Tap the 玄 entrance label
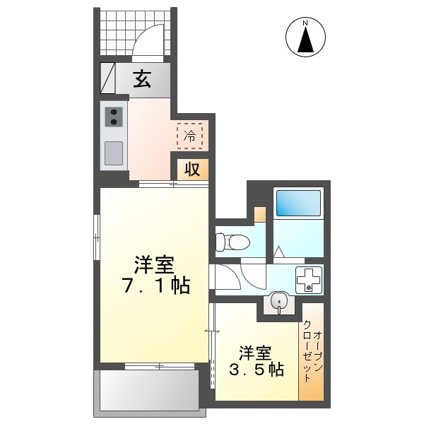tap(143, 79)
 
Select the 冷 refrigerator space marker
tap(189, 136)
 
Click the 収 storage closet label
tap(192, 170)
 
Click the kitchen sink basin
tap(113, 151)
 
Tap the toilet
tap(232, 242)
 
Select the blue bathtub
tap(298, 204)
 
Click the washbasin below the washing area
tap(280, 302)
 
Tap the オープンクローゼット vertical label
tap(312, 351)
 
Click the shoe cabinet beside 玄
tap(108, 79)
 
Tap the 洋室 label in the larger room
tap(155, 266)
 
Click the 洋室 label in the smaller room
tap(255, 351)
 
